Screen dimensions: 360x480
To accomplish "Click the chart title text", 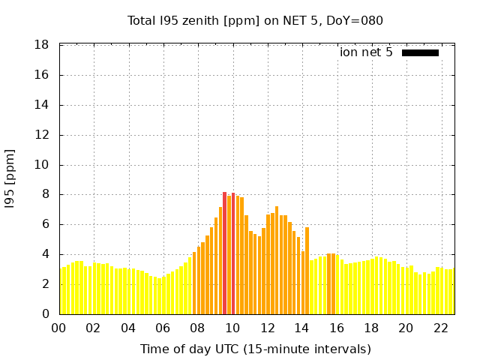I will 255,20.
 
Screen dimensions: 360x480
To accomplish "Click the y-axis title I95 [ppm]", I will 10,178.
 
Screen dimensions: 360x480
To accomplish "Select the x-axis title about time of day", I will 255,349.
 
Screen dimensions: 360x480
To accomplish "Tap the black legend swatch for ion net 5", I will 420,52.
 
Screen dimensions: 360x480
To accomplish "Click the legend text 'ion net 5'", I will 366,52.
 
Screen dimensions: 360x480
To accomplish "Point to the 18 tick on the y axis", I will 42,45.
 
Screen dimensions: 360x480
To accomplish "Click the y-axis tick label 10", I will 42,165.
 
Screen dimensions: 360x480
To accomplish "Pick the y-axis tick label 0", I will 46,314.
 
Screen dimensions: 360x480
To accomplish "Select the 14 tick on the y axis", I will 42,105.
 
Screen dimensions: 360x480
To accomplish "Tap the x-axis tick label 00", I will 59,328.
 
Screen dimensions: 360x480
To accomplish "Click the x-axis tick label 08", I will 198,328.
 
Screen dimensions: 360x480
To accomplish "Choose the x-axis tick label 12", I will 268,328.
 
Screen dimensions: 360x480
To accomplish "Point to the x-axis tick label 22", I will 441,328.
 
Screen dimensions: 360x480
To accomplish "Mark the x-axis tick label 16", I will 337,328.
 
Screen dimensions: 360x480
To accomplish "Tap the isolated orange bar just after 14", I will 307,270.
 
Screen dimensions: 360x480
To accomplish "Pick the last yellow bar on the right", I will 452,292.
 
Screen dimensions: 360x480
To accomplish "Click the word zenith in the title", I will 198,20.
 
